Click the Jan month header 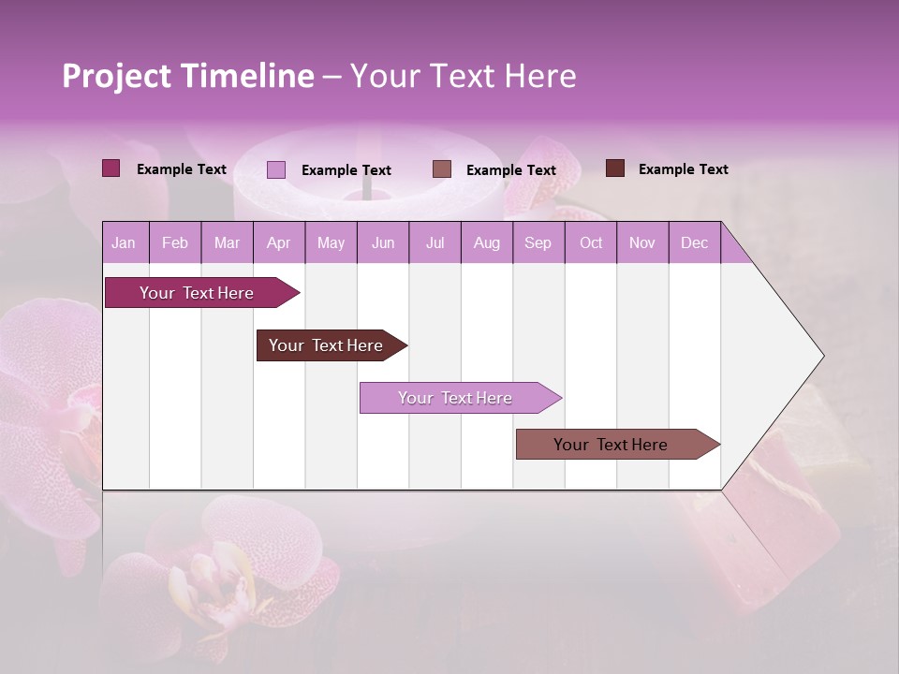124,243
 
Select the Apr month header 278,243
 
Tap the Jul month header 435,243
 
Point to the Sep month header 538,243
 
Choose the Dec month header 694,243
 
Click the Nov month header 641,243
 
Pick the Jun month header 383,243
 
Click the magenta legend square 111,168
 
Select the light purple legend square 276,169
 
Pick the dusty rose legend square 442,169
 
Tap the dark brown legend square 615,168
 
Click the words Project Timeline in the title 187,76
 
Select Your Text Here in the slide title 463,76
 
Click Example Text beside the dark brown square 683,169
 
